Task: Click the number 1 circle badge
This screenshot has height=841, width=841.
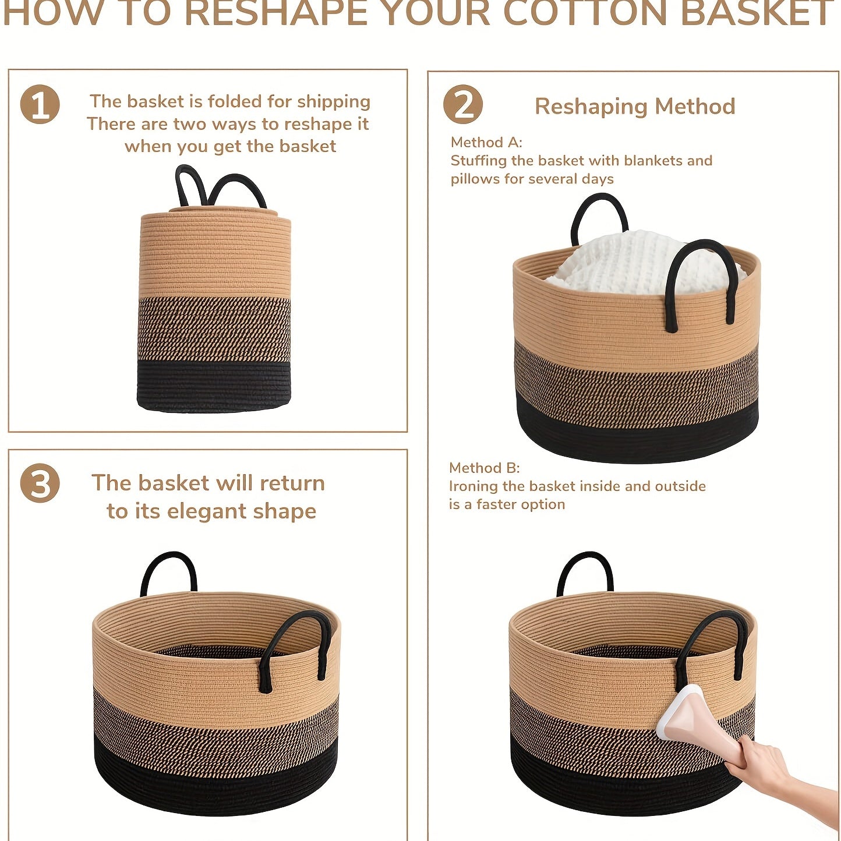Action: (x=40, y=104)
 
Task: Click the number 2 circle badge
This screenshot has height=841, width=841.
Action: (x=462, y=104)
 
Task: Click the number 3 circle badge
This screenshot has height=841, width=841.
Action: (x=40, y=483)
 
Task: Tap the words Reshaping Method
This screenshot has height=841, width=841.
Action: (x=635, y=107)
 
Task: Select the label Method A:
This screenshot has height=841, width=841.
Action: (x=486, y=142)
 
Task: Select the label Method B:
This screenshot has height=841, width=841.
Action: (x=485, y=468)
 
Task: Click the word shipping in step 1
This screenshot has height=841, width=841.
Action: (x=334, y=102)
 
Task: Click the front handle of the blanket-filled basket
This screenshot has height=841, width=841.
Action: (x=701, y=283)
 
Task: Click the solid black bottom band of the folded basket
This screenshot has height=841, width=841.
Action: (x=214, y=386)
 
